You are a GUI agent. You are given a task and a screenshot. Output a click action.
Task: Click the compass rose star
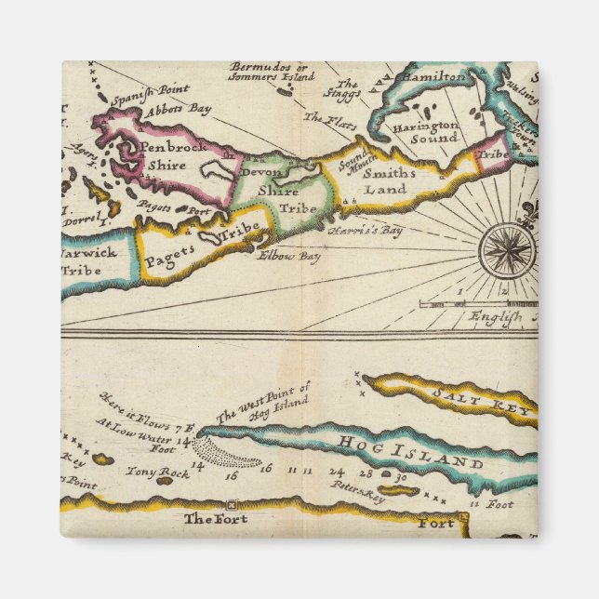tap(507, 250)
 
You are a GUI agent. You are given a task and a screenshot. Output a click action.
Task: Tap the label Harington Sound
tap(424, 131)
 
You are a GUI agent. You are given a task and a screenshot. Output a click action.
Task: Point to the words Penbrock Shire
tap(173, 155)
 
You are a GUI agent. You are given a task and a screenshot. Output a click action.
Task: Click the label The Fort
tap(216, 518)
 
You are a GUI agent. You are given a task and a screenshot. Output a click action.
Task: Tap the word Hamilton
tap(434, 77)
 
